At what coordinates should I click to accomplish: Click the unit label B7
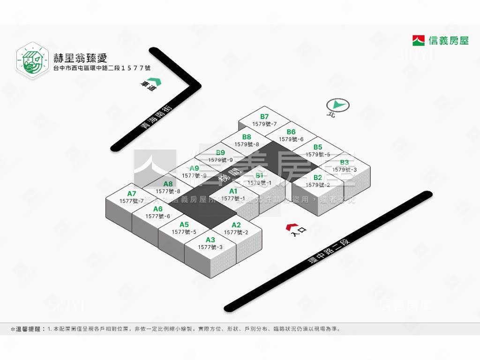coord(264,117)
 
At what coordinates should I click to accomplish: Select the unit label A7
coord(132,194)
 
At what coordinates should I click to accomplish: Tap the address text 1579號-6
coord(291,139)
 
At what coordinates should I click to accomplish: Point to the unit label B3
coord(345,163)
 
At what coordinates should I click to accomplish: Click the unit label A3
coord(210,240)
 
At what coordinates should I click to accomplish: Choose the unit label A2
coord(236,225)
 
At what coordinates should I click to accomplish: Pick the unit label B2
coord(318,178)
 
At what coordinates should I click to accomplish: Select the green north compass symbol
coord(338,105)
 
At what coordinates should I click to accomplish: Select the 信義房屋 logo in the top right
coord(440,40)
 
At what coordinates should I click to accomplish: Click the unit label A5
coord(184,225)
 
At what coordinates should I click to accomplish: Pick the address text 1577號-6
coord(157,216)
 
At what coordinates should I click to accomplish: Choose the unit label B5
coord(318,147)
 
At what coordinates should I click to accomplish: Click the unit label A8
coord(168,184)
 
